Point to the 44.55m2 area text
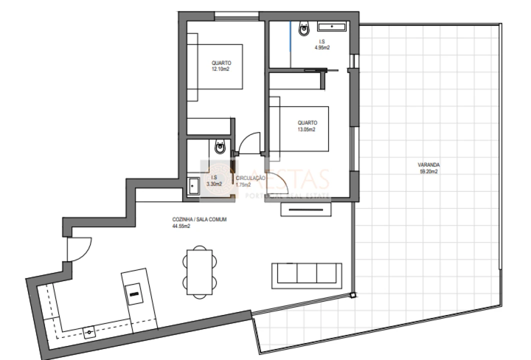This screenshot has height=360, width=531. (x=180, y=226)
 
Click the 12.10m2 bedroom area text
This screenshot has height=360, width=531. (x=220, y=69)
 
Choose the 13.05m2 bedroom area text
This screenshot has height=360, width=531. (x=306, y=128)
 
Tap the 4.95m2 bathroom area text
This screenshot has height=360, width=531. (x=321, y=47)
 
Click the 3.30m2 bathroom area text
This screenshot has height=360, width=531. (x=214, y=183)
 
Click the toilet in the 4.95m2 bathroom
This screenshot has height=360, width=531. (x=304, y=30)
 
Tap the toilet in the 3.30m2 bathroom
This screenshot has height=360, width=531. (x=220, y=146)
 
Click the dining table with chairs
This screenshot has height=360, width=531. (x=200, y=270)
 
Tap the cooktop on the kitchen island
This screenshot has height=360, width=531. (x=134, y=293)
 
